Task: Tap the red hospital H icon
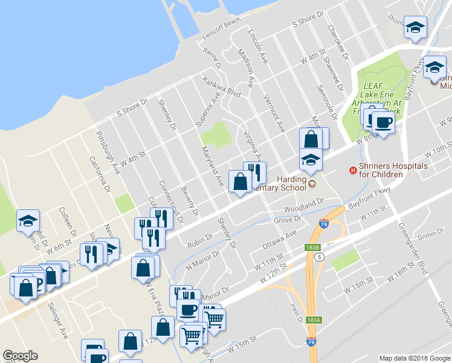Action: click(x=354, y=170)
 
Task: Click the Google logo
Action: click(x=20, y=356)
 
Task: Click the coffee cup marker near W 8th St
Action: click(x=383, y=123)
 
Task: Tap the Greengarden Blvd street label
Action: click(x=413, y=247)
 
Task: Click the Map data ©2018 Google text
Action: click(x=414, y=358)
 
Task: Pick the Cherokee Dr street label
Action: click(x=338, y=41)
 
